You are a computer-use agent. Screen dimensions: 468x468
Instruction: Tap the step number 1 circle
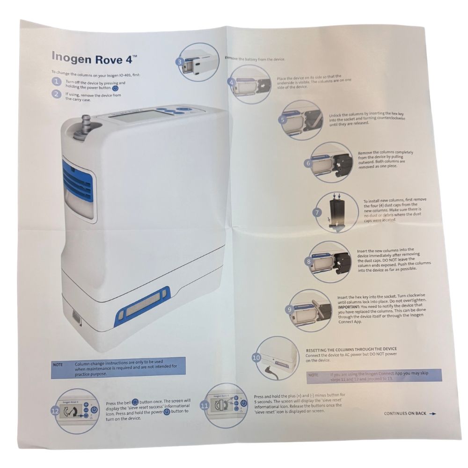(x=57, y=82)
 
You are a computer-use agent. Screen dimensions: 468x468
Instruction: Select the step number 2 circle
(x=57, y=94)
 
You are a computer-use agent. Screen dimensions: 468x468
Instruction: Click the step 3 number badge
(x=180, y=61)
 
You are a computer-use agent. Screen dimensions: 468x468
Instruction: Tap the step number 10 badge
(x=256, y=357)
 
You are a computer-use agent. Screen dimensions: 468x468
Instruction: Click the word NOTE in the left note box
(x=58, y=365)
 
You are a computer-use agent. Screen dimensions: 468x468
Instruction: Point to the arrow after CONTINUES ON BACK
(x=432, y=414)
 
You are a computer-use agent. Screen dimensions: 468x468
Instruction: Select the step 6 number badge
(x=307, y=163)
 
